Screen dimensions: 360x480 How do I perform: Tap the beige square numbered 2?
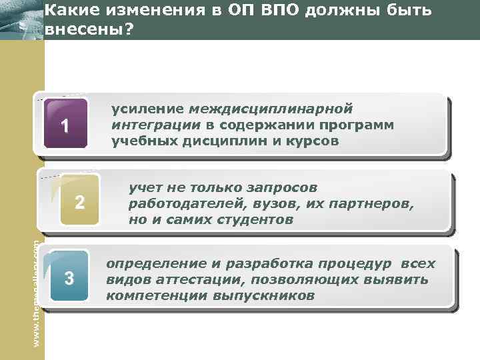coord(79,202)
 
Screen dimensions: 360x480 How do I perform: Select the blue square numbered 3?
coord(69,279)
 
